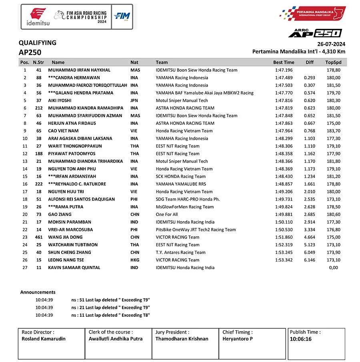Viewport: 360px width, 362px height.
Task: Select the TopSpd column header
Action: [x=333, y=62]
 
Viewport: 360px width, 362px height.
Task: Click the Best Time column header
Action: [x=284, y=62]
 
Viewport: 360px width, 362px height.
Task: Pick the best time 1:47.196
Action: [x=284, y=70]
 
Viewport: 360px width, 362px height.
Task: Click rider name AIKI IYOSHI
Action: [x=60, y=101]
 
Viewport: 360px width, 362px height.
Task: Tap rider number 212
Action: [x=38, y=108]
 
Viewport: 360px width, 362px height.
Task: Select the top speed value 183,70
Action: [x=333, y=131]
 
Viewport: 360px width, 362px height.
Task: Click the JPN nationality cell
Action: [x=134, y=101]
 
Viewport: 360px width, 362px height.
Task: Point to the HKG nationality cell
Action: [x=134, y=260]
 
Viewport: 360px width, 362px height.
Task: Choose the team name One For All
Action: [x=167, y=215]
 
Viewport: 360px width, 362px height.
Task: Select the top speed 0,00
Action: [x=333, y=267]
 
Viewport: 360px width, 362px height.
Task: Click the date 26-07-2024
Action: [x=331, y=44]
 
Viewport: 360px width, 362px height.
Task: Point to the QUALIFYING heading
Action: [x=38, y=43]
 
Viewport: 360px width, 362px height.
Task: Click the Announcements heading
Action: [x=38, y=292]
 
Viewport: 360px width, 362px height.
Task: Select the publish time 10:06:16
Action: [x=301, y=339]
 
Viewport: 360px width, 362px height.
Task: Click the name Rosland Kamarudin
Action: [x=44, y=339]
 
